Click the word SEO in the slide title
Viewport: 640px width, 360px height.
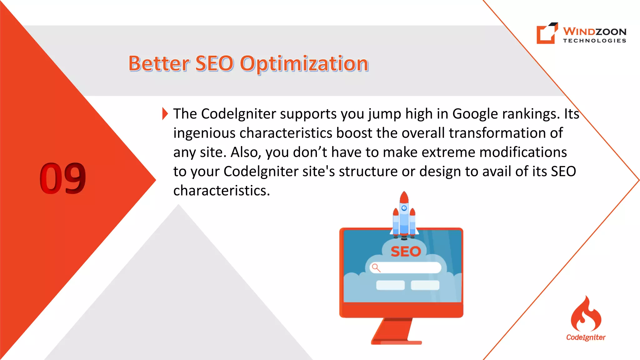click(214, 63)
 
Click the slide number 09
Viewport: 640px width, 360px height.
click(62, 178)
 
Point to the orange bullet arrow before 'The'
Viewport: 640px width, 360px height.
click(165, 113)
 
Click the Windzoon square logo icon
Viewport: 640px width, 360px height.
click(547, 33)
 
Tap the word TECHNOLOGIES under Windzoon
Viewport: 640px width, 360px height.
click(594, 41)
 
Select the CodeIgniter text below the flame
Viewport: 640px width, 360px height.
click(586, 337)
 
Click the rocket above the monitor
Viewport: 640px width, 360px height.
click(404, 216)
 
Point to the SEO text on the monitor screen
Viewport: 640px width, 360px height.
click(406, 252)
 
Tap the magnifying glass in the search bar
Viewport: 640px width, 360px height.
click(376, 268)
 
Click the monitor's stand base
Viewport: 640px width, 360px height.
click(396, 342)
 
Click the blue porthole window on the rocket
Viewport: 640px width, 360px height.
click(404, 208)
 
